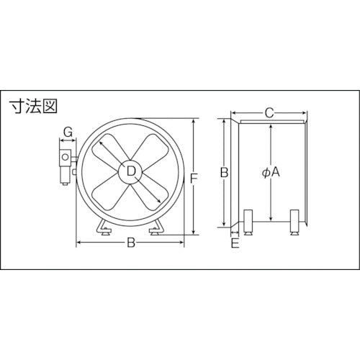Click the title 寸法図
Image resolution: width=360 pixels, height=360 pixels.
tap(33, 107)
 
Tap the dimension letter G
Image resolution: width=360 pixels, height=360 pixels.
tap(68, 132)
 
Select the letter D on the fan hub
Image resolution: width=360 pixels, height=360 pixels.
tap(131, 171)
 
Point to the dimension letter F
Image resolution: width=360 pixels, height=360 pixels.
tap(194, 179)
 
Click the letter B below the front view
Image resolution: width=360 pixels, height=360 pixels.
tap(131, 243)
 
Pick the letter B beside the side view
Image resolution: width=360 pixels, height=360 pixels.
tap(224, 172)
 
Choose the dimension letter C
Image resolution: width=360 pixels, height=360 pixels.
tap(269, 113)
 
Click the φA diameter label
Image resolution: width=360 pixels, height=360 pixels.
tap(271, 172)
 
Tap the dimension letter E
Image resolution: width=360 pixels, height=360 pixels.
tap(235, 243)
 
